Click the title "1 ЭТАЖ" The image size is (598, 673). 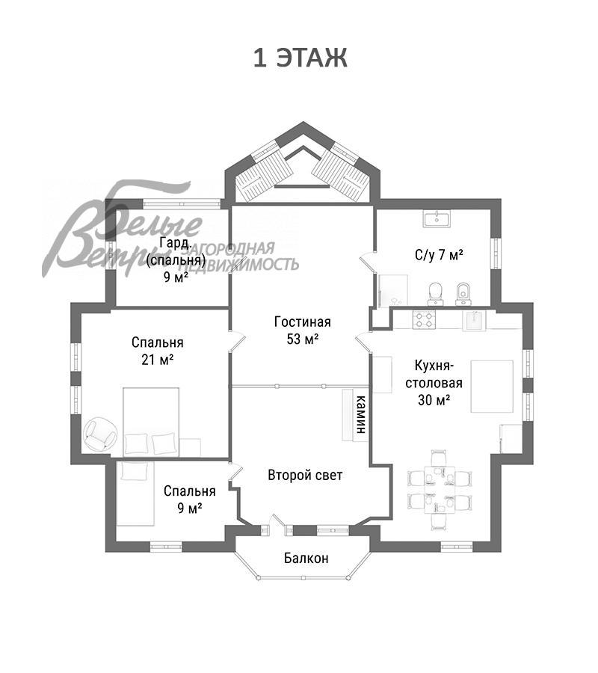click(x=300, y=58)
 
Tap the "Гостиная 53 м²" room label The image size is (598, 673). click(x=303, y=330)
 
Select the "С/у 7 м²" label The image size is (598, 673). click(x=439, y=255)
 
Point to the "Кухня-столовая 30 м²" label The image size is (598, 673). click(x=434, y=383)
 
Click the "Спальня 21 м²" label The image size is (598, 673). click(x=158, y=351)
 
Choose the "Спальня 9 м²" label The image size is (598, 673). click(x=190, y=500)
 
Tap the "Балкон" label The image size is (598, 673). click(x=306, y=558)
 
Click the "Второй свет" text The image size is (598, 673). click(x=305, y=475)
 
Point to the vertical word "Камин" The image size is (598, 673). click(x=361, y=414)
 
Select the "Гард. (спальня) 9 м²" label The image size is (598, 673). click(x=176, y=259)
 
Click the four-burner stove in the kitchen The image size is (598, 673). click(x=425, y=320)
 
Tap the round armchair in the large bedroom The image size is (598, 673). click(x=100, y=434)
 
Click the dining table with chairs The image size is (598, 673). click(x=440, y=489)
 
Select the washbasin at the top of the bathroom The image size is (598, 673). click(x=437, y=218)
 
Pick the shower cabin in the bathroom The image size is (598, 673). click(x=392, y=291)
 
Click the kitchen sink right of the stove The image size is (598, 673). click(x=474, y=321)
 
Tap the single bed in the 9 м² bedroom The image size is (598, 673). click(x=135, y=494)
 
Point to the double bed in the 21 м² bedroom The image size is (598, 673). click(x=151, y=422)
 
